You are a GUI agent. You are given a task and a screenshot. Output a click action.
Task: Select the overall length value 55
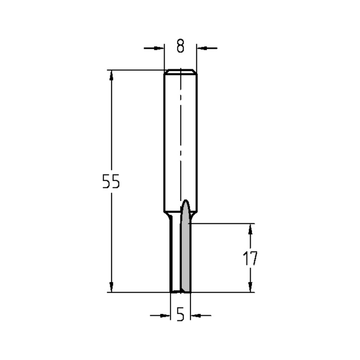(111, 181)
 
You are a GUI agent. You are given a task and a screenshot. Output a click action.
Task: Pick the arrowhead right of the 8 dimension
(202, 48)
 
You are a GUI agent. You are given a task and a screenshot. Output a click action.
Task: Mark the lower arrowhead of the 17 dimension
(250, 287)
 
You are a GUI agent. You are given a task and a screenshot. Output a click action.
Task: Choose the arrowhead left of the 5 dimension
(165, 316)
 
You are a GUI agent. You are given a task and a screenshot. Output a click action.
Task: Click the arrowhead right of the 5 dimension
(195, 316)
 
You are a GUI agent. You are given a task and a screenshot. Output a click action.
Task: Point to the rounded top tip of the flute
(186, 201)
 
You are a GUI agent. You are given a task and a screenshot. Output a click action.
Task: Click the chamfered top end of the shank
(180, 71)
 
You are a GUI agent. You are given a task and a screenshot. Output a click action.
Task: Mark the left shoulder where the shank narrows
(167, 215)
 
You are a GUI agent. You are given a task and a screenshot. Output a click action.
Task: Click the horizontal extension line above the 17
(223, 224)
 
